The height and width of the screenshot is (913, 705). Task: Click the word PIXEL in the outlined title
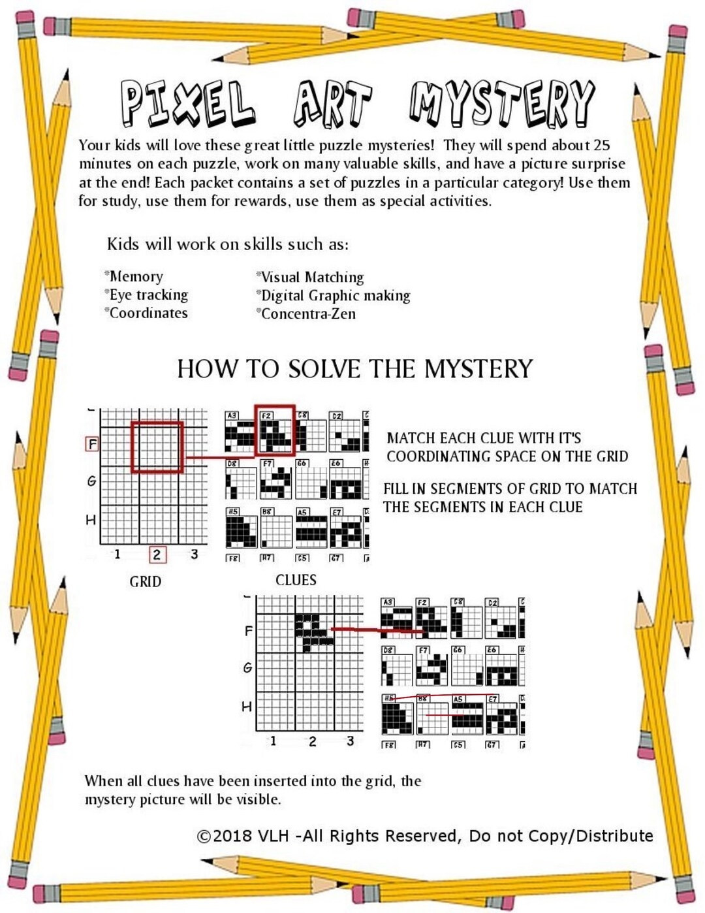(187, 104)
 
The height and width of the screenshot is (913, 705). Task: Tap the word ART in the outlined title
(332, 104)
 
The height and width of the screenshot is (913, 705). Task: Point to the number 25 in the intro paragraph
(601, 145)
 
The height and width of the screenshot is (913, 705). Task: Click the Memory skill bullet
(134, 276)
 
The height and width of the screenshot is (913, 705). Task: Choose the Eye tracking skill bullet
(147, 295)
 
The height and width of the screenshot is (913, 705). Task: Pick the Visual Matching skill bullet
(311, 277)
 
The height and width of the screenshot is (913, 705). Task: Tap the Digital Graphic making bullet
(334, 295)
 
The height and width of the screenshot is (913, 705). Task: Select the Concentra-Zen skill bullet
(307, 313)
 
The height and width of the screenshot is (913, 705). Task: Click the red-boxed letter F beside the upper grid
(92, 444)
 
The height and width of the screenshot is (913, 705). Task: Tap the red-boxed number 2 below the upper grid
(157, 554)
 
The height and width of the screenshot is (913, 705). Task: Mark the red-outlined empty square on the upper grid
(157, 447)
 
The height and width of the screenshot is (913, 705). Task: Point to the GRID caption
(145, 581)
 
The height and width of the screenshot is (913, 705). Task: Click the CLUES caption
(296, 580)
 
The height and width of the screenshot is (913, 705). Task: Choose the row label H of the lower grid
(247, 706)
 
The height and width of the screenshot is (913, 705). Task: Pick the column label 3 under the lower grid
(350, 741)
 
